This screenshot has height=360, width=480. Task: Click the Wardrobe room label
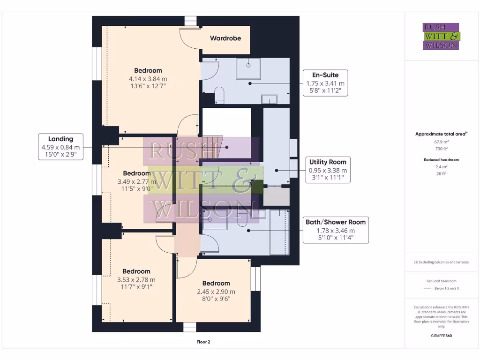click(225, 38)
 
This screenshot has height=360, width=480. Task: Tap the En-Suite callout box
click(325, 83)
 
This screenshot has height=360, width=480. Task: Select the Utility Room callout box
click(328, 170)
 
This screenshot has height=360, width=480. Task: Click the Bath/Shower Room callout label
click(336, 222)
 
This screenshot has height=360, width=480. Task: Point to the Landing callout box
click(60, 147)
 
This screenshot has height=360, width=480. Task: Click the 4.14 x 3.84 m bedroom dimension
click(148, 79)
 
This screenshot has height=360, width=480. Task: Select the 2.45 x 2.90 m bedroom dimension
click(216, 292)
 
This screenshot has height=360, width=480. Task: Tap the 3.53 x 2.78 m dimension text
click(136, 279)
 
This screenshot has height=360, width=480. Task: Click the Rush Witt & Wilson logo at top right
click(441, 36)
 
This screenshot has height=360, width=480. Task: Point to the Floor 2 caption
click(203, 342)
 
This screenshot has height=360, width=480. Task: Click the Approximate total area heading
click(441, 134)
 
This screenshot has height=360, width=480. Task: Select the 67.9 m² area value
click(441, 142)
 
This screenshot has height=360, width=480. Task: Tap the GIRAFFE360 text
click(441, 336)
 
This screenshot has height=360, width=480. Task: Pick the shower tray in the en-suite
click(248, 68)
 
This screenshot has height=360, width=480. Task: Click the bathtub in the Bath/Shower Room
click(279, 232)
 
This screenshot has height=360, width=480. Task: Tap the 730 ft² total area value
click(441, 149)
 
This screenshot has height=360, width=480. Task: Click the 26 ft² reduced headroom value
click(441, 173)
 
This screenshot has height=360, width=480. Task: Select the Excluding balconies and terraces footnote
click(441, 262)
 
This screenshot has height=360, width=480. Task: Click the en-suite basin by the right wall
click(269, 99)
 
